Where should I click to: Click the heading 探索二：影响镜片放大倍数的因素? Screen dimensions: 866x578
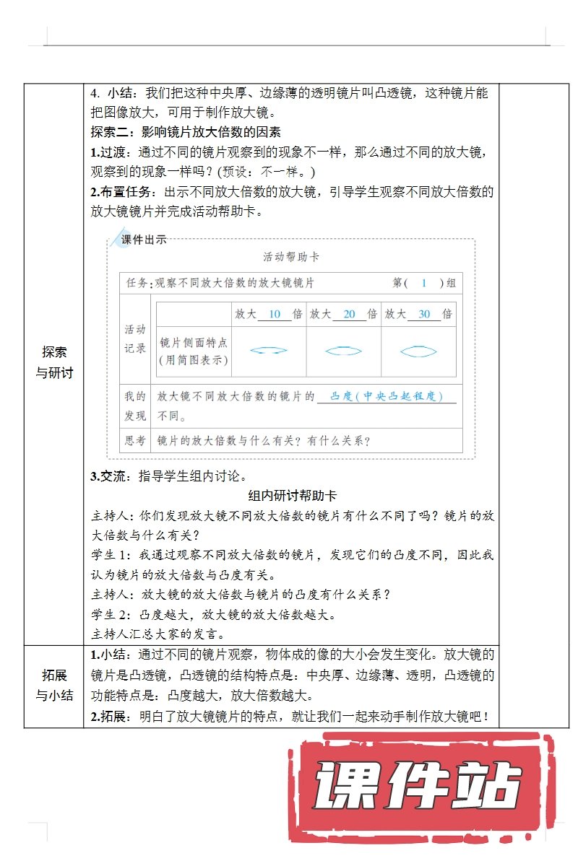point(186,132)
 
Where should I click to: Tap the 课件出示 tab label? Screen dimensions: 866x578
point(143,240)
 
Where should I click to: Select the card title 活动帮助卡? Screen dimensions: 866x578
point(291,257)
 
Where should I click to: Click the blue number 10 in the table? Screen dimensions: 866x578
point(274,314)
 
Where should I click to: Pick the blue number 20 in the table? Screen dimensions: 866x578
point(349,314)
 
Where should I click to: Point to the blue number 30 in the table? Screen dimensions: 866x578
point(424,314)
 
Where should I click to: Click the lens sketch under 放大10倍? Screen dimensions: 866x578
point(269,351)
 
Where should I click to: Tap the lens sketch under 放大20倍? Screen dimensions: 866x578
point(343,351)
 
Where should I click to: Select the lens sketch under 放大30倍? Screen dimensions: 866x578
point(418,351)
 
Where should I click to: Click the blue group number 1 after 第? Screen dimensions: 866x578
point(424,284)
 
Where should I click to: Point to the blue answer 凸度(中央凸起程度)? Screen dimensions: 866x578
point(386,396)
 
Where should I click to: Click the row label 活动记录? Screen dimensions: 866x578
point(136,338)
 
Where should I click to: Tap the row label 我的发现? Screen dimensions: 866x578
point(136,406)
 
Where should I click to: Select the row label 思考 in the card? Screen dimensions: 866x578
point(136,440)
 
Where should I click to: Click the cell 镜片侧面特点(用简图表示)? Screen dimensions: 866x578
point(194,351)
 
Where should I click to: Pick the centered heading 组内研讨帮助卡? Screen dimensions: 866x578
point(292,496)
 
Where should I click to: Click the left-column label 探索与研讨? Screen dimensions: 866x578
point(54,362)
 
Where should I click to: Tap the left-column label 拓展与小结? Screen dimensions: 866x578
point(54,686)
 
